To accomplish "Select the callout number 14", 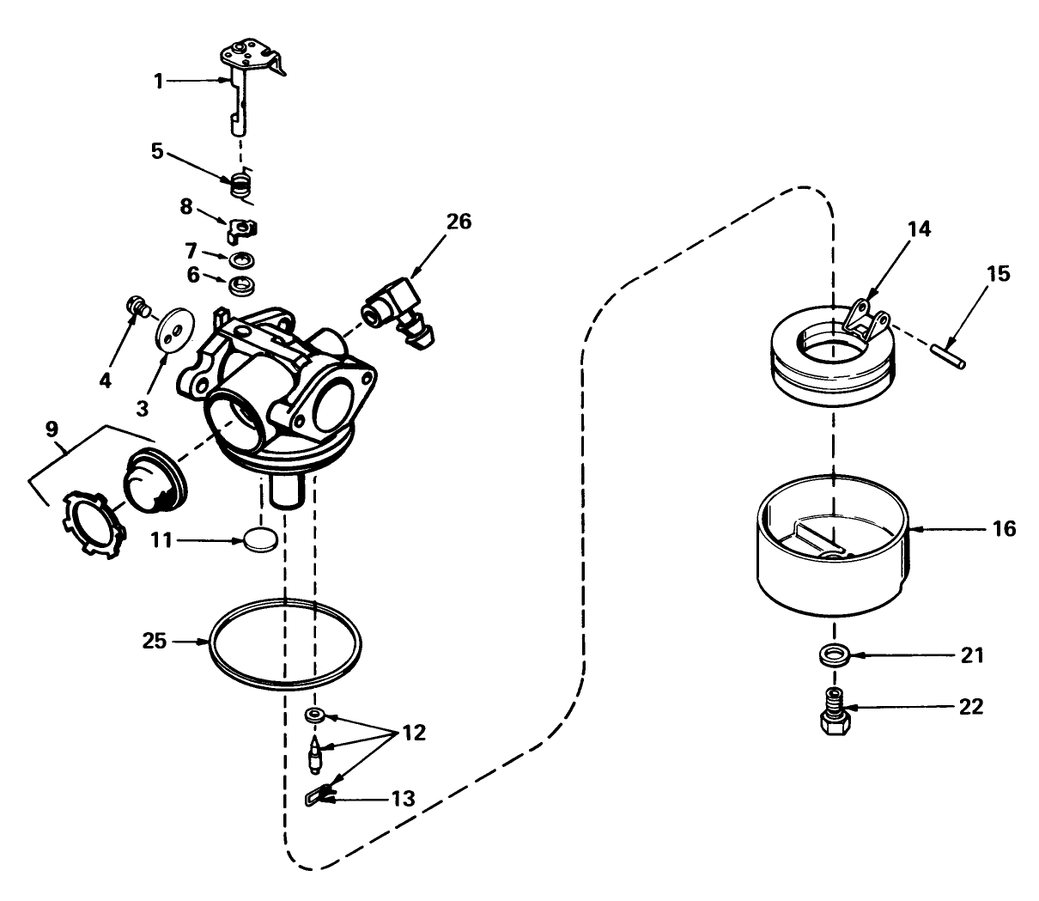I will click(919, 228).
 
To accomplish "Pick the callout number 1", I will click(158, 81).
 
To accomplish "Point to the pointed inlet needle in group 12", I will click(318, 753).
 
